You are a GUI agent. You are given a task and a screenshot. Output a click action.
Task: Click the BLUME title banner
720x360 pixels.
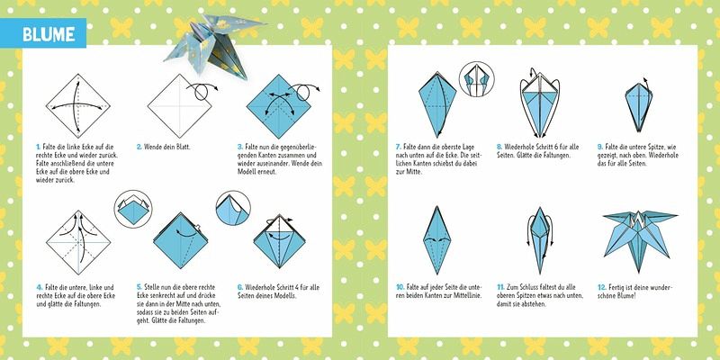tap(43, 33)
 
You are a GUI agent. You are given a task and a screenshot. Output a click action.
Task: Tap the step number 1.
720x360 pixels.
tap(38, 147)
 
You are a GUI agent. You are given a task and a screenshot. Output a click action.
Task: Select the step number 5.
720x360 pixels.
tap(139, 287)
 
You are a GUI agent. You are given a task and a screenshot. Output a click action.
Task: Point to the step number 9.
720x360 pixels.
tap(599, 147)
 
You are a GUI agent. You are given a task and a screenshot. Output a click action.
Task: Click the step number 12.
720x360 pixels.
tap(601, 287)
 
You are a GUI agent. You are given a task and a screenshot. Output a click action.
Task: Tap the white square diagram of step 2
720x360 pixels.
tap(179, 106)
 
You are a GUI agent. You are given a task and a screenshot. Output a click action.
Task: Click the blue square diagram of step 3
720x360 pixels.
tap(279, 106)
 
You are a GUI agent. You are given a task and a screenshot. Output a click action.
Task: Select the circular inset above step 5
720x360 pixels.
tap(132, 209)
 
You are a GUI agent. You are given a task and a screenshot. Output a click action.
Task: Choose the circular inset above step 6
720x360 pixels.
tap(233, 209)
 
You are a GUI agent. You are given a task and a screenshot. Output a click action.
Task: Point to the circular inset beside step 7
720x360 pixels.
tap(477, 79)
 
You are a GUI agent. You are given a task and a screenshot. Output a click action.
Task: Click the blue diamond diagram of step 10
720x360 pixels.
tap(436, 240)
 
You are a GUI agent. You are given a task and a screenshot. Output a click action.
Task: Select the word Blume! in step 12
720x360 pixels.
tap(625, 295)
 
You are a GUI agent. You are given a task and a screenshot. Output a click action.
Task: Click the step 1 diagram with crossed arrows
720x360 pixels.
tap(78, 106)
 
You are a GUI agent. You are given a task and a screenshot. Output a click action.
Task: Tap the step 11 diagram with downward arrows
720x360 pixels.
tap(539, 240)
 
